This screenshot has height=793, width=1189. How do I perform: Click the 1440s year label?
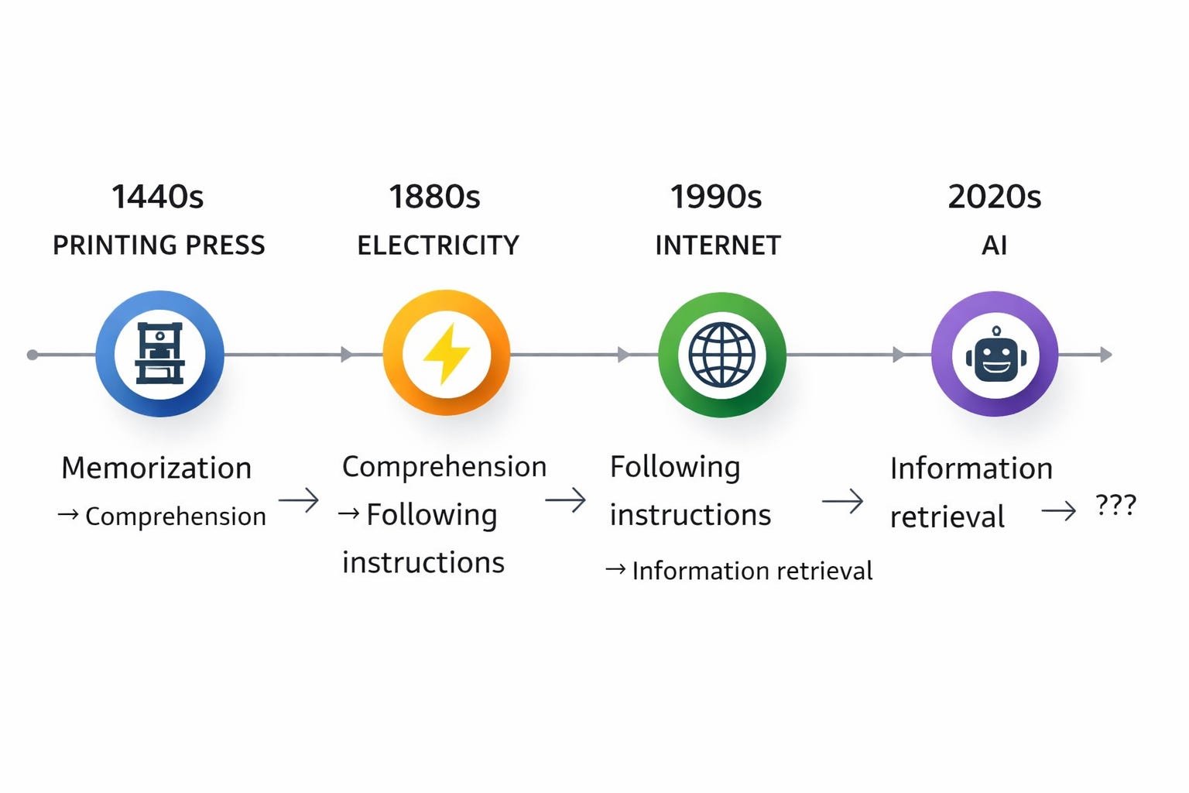coord(158,197)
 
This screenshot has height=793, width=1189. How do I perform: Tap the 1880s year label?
coord(434,197)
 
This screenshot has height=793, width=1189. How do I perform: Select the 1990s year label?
coord(716,197)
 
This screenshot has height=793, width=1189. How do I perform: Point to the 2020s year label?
coord(995,197)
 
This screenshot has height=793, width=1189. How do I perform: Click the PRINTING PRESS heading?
coord(159,245)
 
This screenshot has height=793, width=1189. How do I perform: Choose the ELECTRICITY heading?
coord(438,245)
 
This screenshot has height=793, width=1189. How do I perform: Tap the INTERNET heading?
coord(718,245)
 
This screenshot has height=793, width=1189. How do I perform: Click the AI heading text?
coord(995,245)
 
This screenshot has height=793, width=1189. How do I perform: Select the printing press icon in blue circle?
coord(159,354)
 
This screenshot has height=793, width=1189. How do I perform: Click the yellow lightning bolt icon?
coord(447,354)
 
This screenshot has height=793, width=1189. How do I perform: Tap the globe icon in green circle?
coord(721,355)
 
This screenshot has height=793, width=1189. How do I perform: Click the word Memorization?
coord(156,468)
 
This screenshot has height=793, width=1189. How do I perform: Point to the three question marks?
coord(1115,506)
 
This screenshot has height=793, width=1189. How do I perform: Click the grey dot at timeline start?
coord(33,355)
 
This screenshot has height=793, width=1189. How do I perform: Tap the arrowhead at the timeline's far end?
coord(1107,355)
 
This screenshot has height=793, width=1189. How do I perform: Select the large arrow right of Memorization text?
coord(299,500)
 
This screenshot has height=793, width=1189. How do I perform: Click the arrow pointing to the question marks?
coord(1058,510)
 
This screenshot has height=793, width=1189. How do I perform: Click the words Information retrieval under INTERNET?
coord(752,571)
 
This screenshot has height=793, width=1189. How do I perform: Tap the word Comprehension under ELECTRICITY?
coord(444,466)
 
